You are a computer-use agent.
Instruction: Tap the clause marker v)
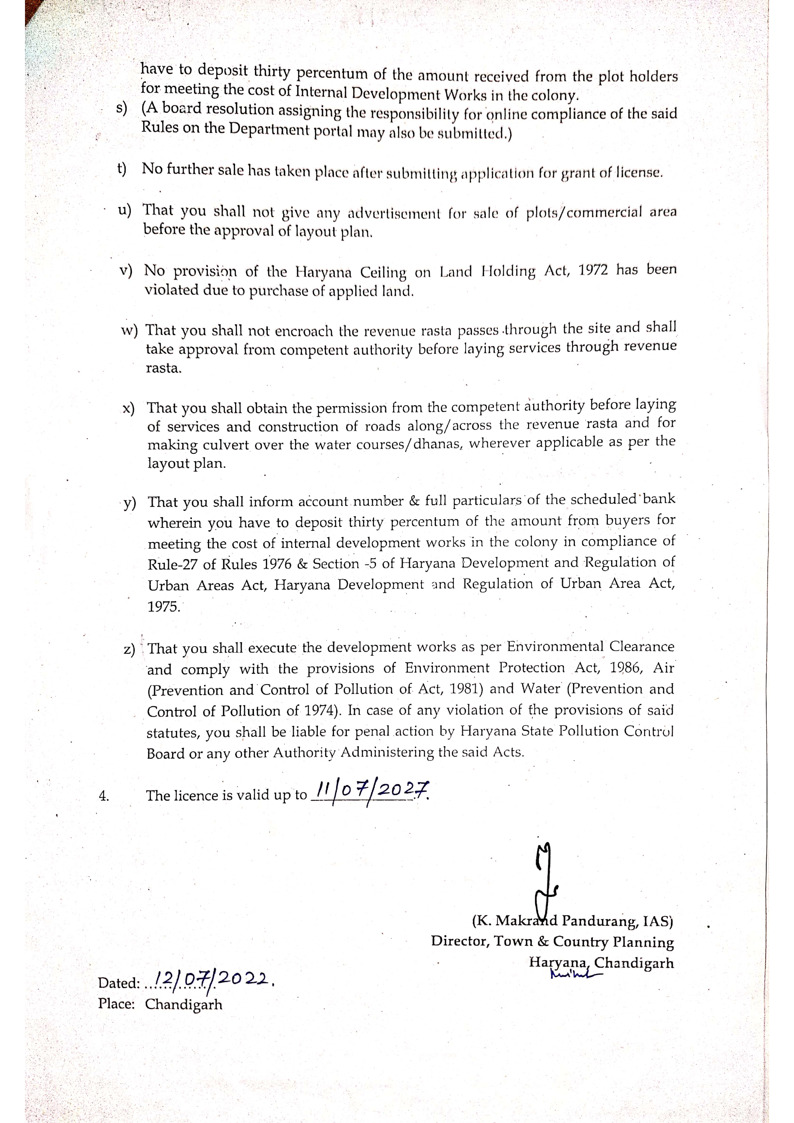126,271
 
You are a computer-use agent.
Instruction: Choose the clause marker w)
129,331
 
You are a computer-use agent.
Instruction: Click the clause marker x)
129,408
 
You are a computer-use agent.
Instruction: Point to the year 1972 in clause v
593,271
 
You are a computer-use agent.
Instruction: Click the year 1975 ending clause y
163,607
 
